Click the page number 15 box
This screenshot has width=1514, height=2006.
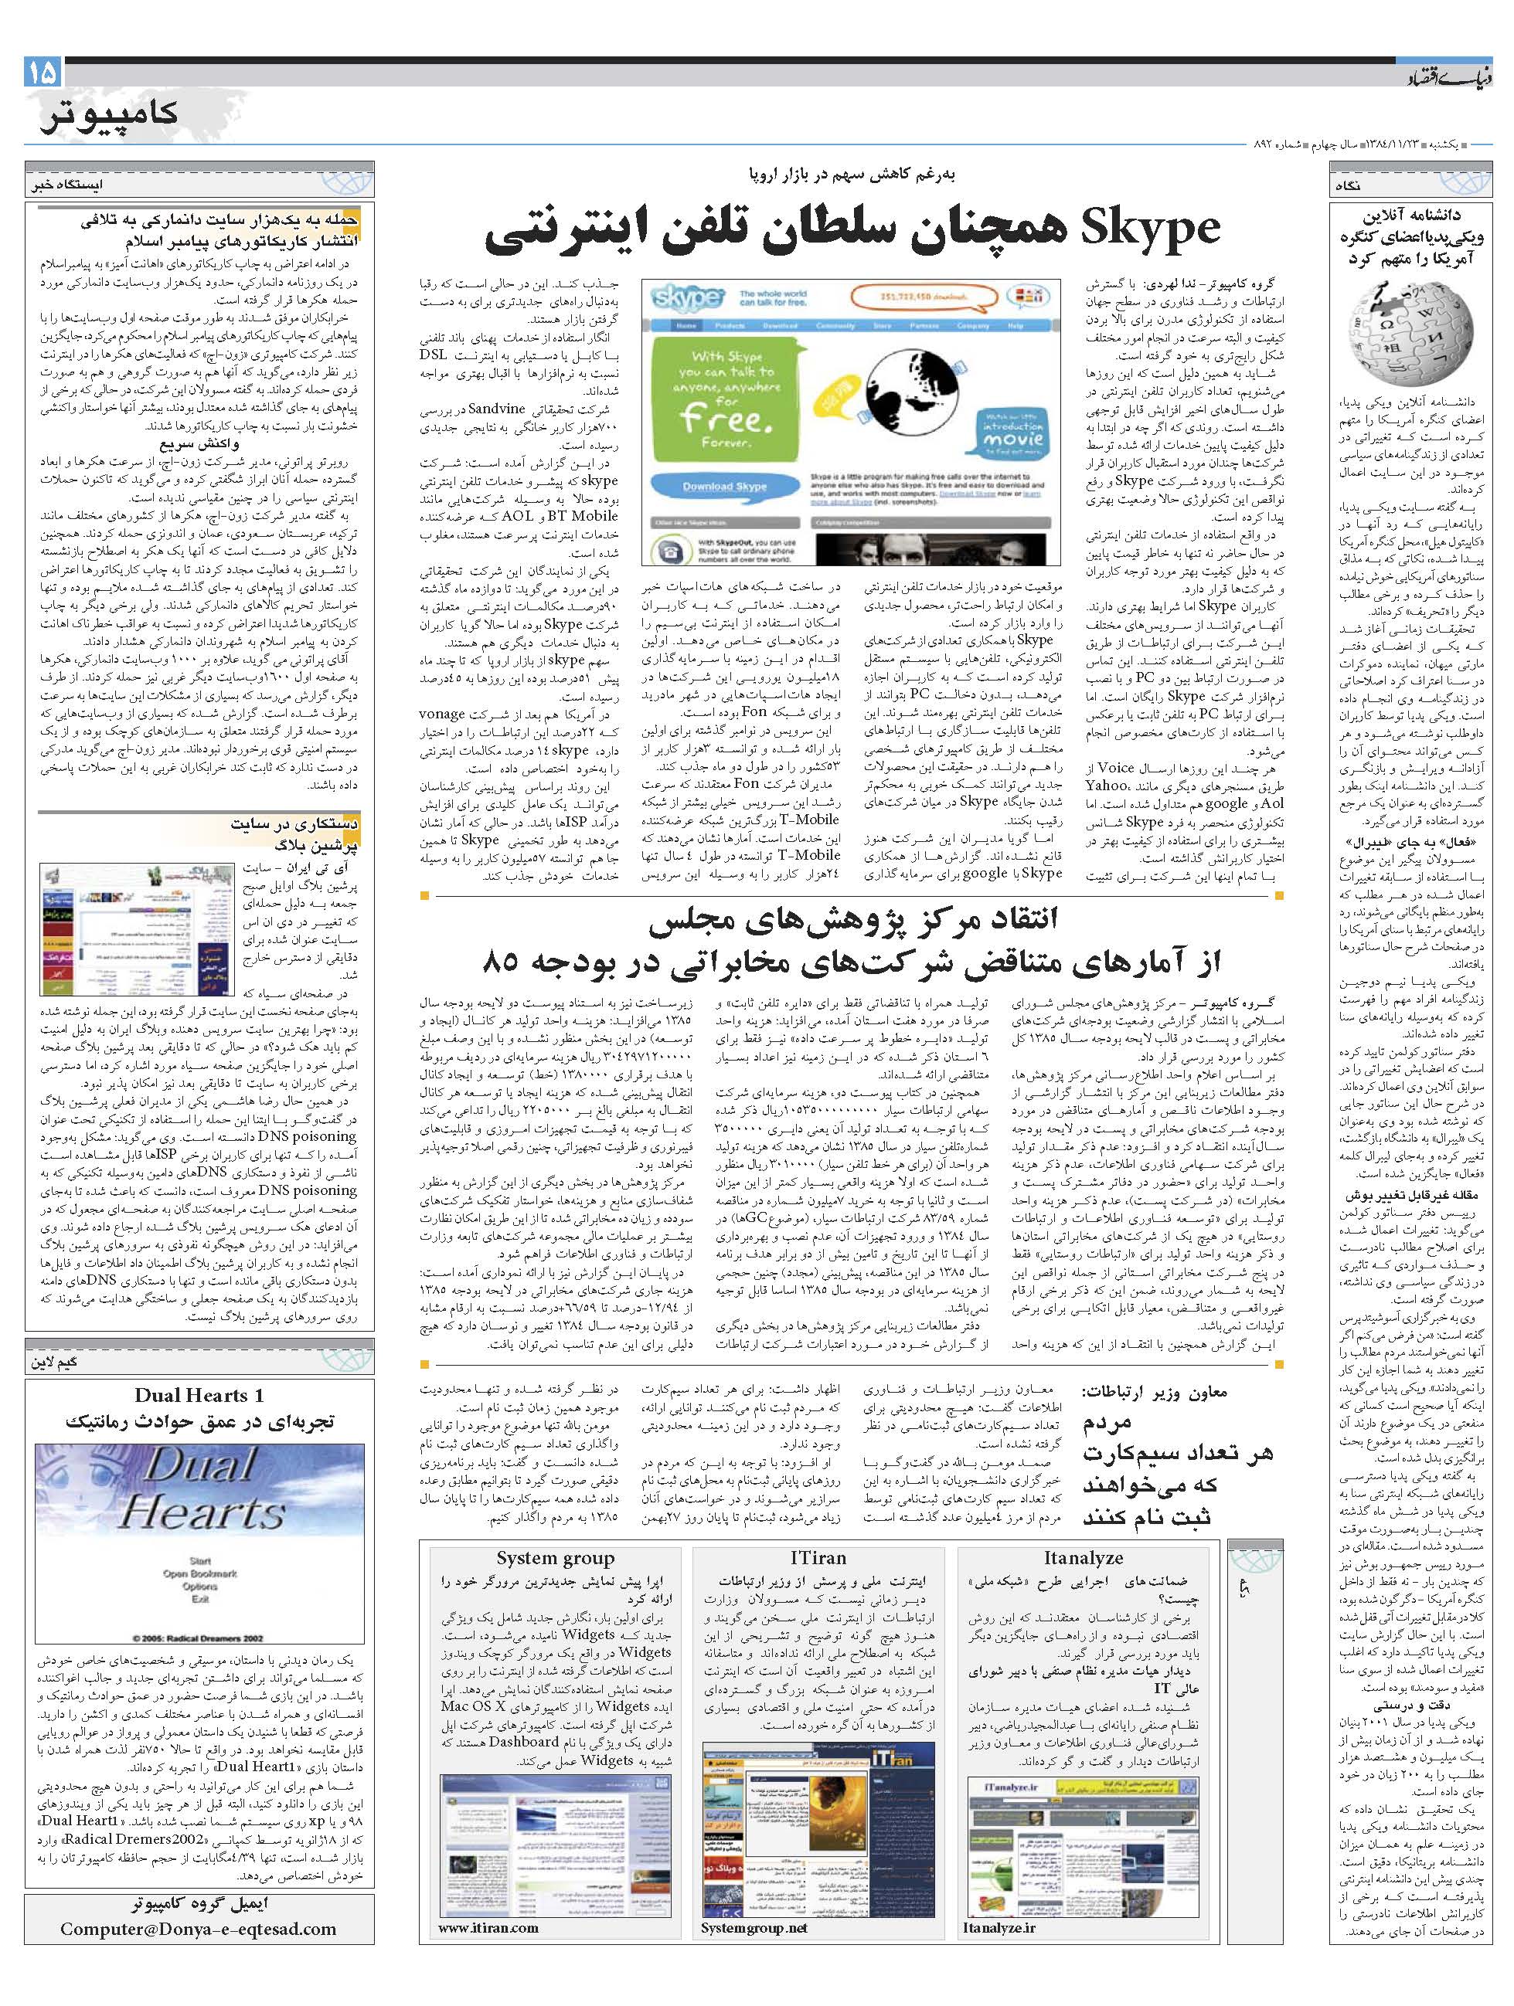[x=42, y=71]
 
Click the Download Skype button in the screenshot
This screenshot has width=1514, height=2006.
[x=724, y=487]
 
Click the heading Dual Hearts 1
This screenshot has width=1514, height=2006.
[x=199, y=1396]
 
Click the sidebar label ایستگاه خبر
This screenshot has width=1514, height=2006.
[x=64, y=184]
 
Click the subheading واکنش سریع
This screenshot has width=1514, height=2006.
[x=199, y=444]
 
